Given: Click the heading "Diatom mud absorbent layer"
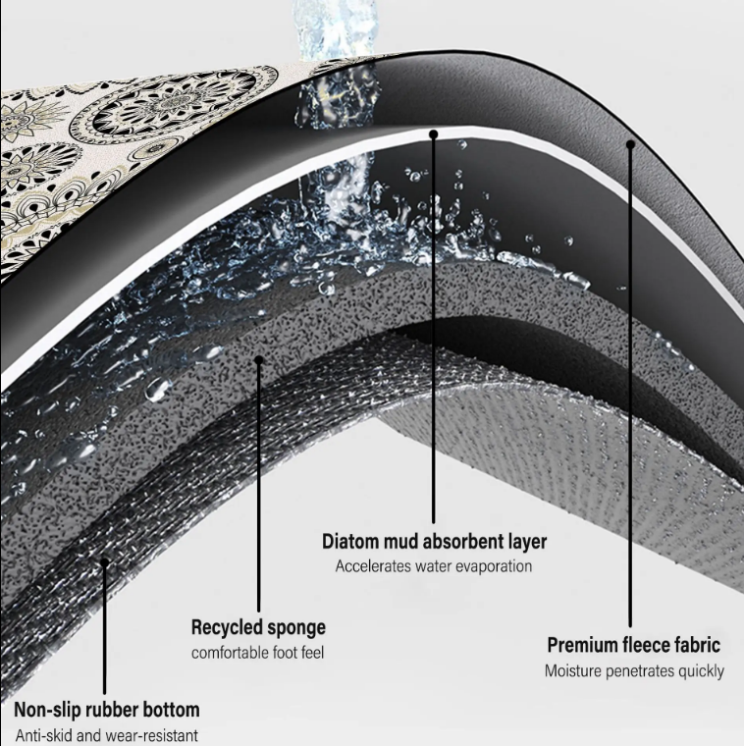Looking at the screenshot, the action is click(434, 542).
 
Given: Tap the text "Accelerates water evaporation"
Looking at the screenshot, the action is click(434, 566).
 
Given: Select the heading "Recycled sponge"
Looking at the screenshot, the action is click(258, 627).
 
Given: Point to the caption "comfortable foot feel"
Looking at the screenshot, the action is click(257, 653).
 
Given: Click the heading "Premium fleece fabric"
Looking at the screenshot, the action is click(634, 646).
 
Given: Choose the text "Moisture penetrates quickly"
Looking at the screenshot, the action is click(634, 670).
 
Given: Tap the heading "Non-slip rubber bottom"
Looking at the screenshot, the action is click(107, 710).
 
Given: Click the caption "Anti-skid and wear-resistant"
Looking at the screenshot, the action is click(107, 735).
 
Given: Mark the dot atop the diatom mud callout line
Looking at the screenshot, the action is click(433, 134).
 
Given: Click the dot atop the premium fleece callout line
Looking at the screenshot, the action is click(630, 144).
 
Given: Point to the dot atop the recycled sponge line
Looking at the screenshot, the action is click(259, 359).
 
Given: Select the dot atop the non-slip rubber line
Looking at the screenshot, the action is click(104, 562).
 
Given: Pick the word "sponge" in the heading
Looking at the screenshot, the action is click(296, 628).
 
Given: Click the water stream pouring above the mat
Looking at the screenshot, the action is click(337, 28).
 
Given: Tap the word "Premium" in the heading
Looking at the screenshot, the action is click(581, 646).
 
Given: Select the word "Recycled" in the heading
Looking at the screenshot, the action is click(227, 627).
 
